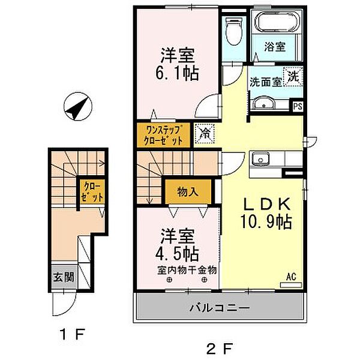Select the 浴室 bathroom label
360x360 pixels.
(275, 47)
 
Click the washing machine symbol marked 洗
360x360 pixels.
(293, 76)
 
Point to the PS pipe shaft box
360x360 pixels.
(298, 106)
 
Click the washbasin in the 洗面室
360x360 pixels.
(264, 104)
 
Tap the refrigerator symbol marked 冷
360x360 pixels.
(204, 133)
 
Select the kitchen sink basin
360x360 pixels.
(260, 160)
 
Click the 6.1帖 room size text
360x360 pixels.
(177, 74)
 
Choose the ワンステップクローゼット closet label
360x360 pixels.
(164, 135)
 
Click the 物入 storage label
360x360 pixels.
(188, 192)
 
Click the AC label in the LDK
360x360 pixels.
(291, 277)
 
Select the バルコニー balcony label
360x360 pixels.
(219, 307)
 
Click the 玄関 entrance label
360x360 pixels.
(64, 277)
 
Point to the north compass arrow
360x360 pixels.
(78, 107)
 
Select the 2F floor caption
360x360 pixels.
(219, 349)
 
